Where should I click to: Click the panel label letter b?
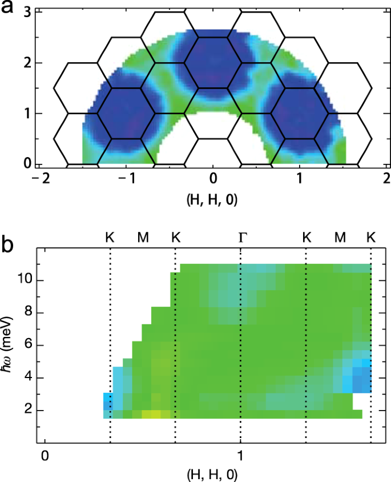pyautogui.click(x=11, y=246)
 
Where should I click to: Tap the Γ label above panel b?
pyautogui.click(x=242, y=236)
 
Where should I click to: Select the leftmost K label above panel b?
pyautogui.click(x=110, y=236)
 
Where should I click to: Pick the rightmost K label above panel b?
pyautogui.click(x=371, y=236)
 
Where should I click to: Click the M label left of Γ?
pyautogui.click(x=143, y=236)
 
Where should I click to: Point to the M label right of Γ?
pyautogui.click(x=340, y=236)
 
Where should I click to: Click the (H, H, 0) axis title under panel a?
pyautogui.click(x=212, y=198)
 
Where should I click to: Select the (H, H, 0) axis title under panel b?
pyautogui.click(x=212, y=474)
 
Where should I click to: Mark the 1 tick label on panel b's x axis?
pyautogui.click(x=240, y=455)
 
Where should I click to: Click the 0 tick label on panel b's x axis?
pyautogui.click(x=44, y=455)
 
